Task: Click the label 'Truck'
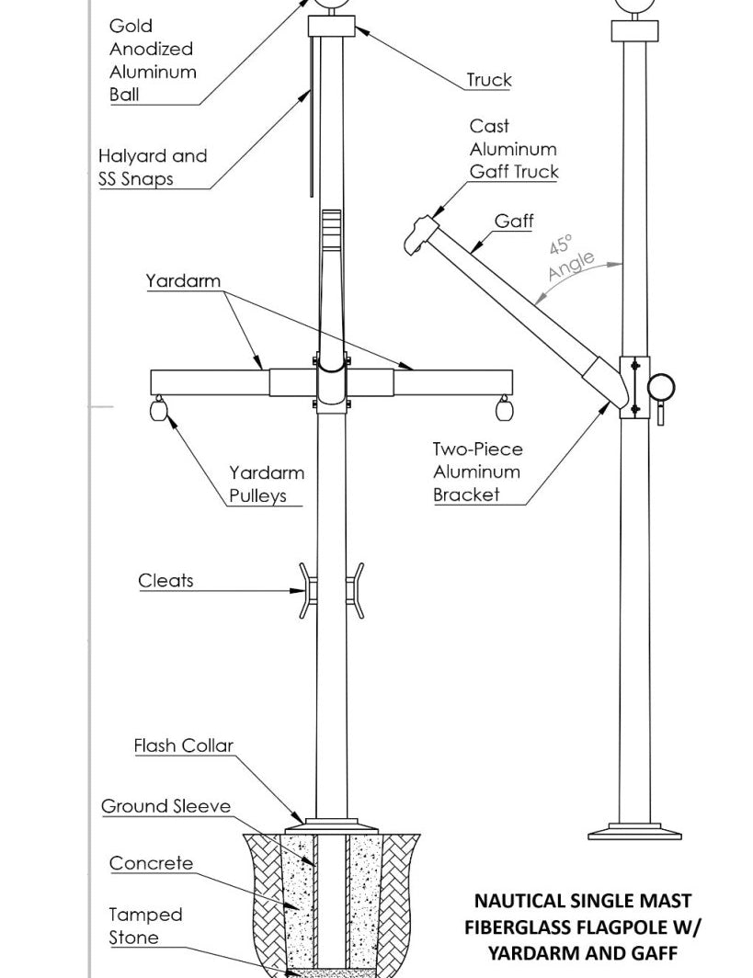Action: coord(488,80)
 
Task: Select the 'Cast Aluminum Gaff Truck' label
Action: coord(513,148)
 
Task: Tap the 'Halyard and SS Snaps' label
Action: coord(153,167)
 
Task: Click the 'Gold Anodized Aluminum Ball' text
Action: coord(152,60)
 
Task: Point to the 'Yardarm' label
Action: coord(183,280)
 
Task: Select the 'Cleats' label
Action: coord(165,580)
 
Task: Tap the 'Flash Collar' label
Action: coord(184,745)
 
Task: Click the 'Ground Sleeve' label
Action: coord(165,806)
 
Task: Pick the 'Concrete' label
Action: coord(152,863)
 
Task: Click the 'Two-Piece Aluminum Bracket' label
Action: coord(478,472)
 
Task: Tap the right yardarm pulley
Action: coord(503,409)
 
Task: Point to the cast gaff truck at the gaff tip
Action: coord(418,233)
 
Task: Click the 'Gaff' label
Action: coord(513,221)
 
